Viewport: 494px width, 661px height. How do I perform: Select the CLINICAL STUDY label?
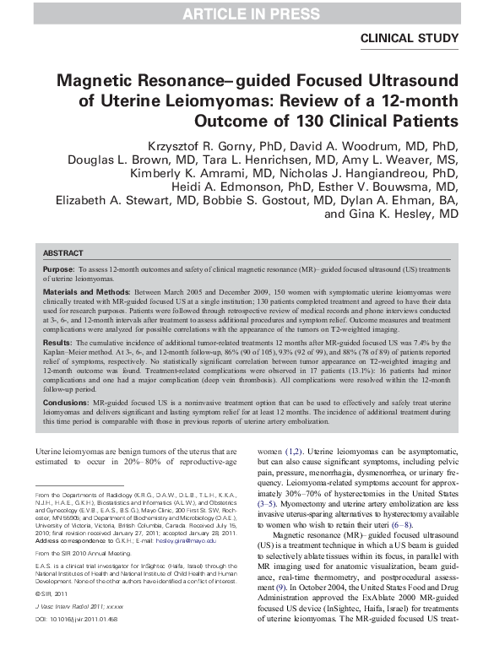click(410, 38)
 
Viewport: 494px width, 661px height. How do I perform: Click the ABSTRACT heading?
click(63, 252)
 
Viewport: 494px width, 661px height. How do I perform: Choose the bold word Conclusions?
click(66, 403)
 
